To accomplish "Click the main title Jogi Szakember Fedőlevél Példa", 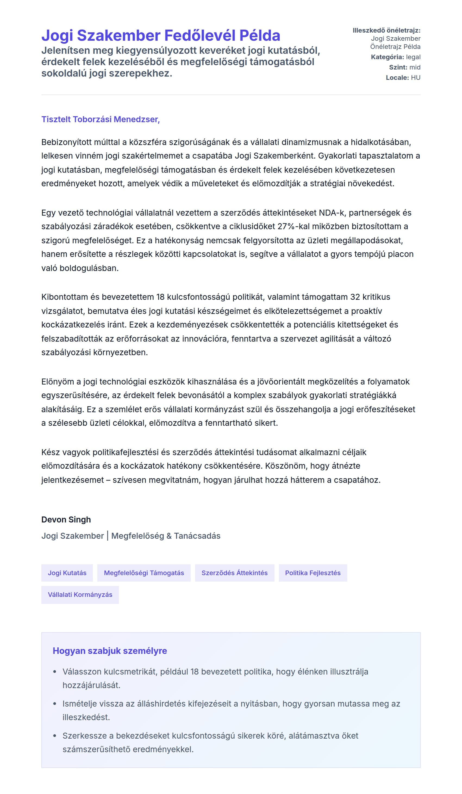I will pyautogui.click(x=161, y=35).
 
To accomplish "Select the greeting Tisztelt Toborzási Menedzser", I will pyautogui.click(x=100, y=119).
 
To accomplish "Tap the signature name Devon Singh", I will pyautogui.click(x=66, y=519).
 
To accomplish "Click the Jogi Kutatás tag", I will pyautogui.click(x=67, y=573).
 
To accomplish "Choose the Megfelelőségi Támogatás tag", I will pyautogui.click(x=144, y=573).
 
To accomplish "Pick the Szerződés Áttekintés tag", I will pyautogui.click(x=234, y=573).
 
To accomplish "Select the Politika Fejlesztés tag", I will pyautogui.click(x=313, y=573).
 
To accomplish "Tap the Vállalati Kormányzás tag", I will pyautogui.click(x=80, y=595).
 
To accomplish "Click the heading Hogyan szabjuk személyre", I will pyautogui.click(x=110, y=651).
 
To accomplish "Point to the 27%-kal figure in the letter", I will pyautogui.click(x=293, y=226).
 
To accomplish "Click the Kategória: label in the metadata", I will pyautogui.click(x=387, y=57).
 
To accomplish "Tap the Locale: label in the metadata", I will pyautogui.click(x=397, y=78).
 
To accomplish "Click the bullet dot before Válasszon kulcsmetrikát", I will pyautogui.click(x=55, y=672).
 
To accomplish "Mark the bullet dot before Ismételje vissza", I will pyautogui.click(x=55, y=704).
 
